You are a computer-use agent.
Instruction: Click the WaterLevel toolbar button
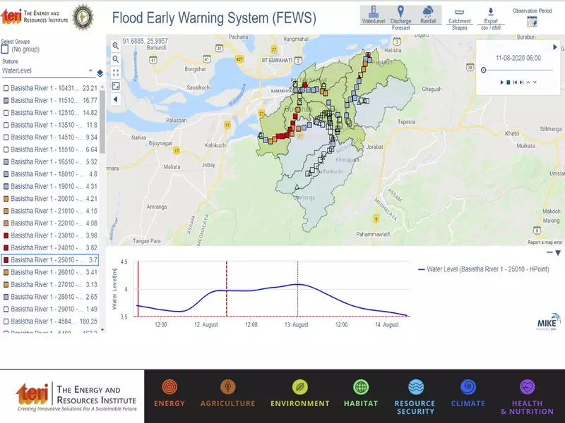click(373, 15)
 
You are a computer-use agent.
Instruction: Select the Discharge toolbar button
click(401, 15)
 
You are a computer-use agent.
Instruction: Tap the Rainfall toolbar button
click(429, 15)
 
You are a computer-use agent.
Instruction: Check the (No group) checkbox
click(6, 49)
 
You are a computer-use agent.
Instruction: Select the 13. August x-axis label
click(296, 325)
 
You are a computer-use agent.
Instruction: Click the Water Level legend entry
click(488, 269)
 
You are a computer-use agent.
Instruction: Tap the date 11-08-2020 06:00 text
click(518, 58)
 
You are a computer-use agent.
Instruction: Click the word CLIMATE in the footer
click(468, 403)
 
